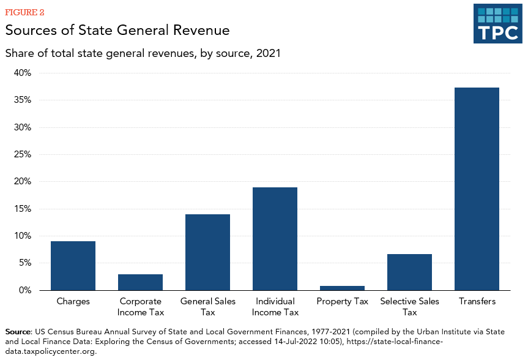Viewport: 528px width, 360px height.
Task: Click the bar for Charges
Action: (73, 266)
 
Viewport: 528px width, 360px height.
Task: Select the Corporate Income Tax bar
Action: (140, 282)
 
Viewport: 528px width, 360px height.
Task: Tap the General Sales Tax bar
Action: (207, 252)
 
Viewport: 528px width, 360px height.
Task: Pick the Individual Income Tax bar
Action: (275, 239)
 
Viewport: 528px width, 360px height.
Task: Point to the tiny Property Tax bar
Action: (342, 288)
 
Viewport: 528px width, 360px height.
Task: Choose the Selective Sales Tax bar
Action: (409, 272)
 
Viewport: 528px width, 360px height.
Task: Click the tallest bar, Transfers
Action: (477, 189)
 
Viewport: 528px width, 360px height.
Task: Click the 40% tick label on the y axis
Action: (22, 73)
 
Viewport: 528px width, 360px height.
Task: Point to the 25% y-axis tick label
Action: (22, 154)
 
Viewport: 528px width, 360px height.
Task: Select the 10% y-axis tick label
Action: (22, 236)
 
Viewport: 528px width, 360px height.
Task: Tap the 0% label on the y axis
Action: (24, 290)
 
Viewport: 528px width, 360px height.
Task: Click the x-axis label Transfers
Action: (477, 301)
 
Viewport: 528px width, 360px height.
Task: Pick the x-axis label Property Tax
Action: (342, 301)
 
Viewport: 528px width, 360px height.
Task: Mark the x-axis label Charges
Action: (73, 301)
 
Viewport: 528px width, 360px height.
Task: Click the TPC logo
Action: (497, 23)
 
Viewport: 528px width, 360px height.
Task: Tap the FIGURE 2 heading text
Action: (24, 12)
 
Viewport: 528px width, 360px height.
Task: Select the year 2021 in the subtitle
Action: (267, 53)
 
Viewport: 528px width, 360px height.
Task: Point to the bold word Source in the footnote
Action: (18, 331)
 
